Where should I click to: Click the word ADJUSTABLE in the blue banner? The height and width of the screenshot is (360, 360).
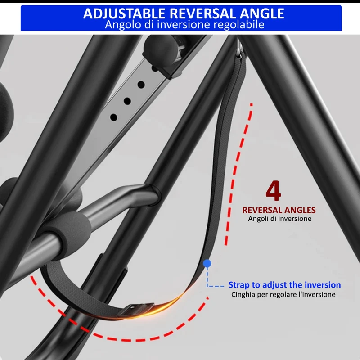coord(124,13)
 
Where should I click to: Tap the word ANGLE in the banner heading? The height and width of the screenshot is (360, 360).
coord(262,13)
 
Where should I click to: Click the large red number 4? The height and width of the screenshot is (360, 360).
coord(274,191)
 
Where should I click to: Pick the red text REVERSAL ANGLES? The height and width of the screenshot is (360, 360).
coord(279,210)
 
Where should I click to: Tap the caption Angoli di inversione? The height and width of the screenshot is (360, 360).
coord(279,219)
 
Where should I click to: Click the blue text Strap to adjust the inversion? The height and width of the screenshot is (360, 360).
coord(285,285)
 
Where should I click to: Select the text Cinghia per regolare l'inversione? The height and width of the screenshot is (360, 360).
coord(283,294)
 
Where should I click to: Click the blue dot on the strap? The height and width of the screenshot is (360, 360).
coord(207,263)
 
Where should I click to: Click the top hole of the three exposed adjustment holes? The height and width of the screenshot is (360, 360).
coord(141,85)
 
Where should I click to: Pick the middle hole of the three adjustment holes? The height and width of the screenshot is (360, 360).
coord(127,101)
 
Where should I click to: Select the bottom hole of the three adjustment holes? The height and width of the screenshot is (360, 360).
coord(114,117)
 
